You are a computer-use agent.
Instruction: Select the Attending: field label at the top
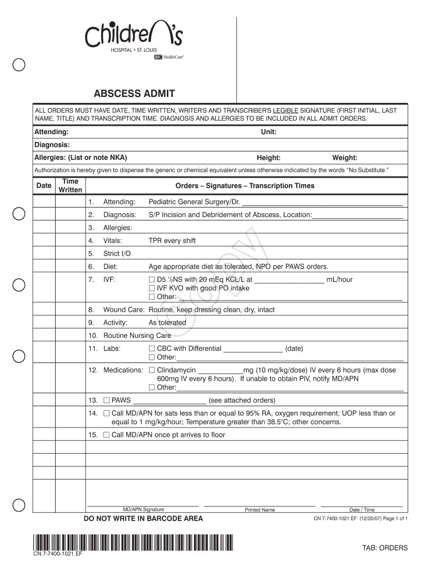(x=52, y=132)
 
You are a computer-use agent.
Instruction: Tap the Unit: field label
(x=269, y=132)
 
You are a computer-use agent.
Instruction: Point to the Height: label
(x=268, y=158)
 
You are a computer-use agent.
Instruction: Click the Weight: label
(x=345, y=158)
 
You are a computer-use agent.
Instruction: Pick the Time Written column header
(x=71, y=186)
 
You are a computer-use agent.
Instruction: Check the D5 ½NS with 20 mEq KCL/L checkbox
(x=152, y=279)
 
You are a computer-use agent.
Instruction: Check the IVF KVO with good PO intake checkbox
(x=152, y=288)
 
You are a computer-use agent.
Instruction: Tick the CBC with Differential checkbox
(x=152, y=349)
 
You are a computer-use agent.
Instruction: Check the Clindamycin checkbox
(x=152, y=370)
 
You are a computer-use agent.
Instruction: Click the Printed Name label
(x=260, y=510)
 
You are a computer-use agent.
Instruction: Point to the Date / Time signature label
(x=362, y=510)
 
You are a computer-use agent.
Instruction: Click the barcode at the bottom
(x=133, y=542)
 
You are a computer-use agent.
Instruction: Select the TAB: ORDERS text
(x=385, y=548)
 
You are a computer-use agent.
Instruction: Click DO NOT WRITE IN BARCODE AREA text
(x=143, y=519)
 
